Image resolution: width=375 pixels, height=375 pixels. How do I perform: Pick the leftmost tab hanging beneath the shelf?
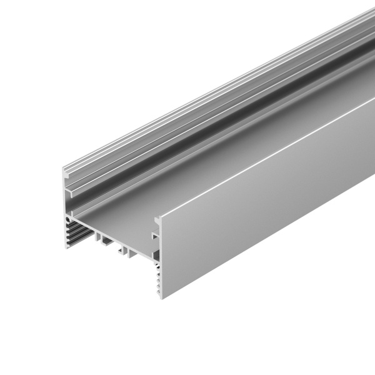pyautogui.click(x=98, y=237)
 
